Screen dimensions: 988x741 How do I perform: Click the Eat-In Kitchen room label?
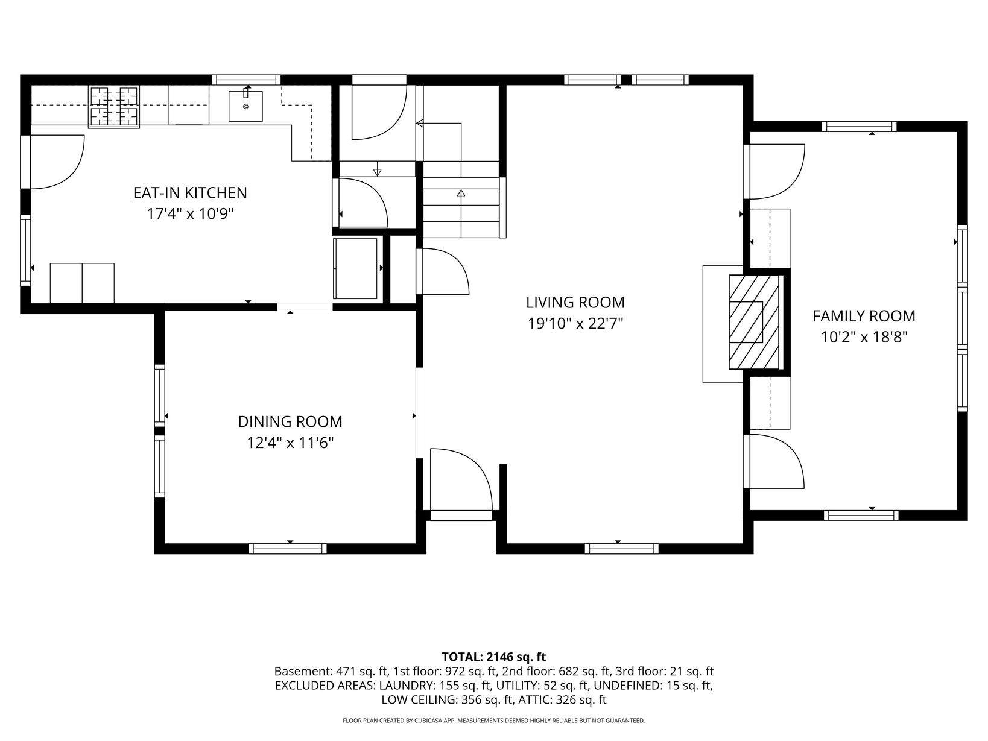click(190, 192)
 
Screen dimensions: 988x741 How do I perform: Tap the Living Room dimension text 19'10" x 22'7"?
click(575, 323)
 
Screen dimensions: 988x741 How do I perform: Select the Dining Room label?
click(290, 421)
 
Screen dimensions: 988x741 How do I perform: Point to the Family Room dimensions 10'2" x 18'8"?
click(864, 337)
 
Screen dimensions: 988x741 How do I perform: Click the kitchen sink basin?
click(245, 106)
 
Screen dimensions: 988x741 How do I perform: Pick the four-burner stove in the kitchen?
click(114, 107)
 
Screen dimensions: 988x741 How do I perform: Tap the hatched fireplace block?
click(754, 322)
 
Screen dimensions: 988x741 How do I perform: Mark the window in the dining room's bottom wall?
click(288, 549)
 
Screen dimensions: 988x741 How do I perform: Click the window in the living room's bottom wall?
click(622, 549)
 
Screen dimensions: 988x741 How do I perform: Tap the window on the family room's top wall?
click(860, 127)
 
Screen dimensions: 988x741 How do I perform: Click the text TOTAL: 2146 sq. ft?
click(494, 657)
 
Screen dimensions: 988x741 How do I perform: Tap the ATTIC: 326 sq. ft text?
click(562, 699)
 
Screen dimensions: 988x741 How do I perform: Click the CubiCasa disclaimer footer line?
click(494, 721)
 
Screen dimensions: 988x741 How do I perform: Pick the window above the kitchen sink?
click(246, 80)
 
